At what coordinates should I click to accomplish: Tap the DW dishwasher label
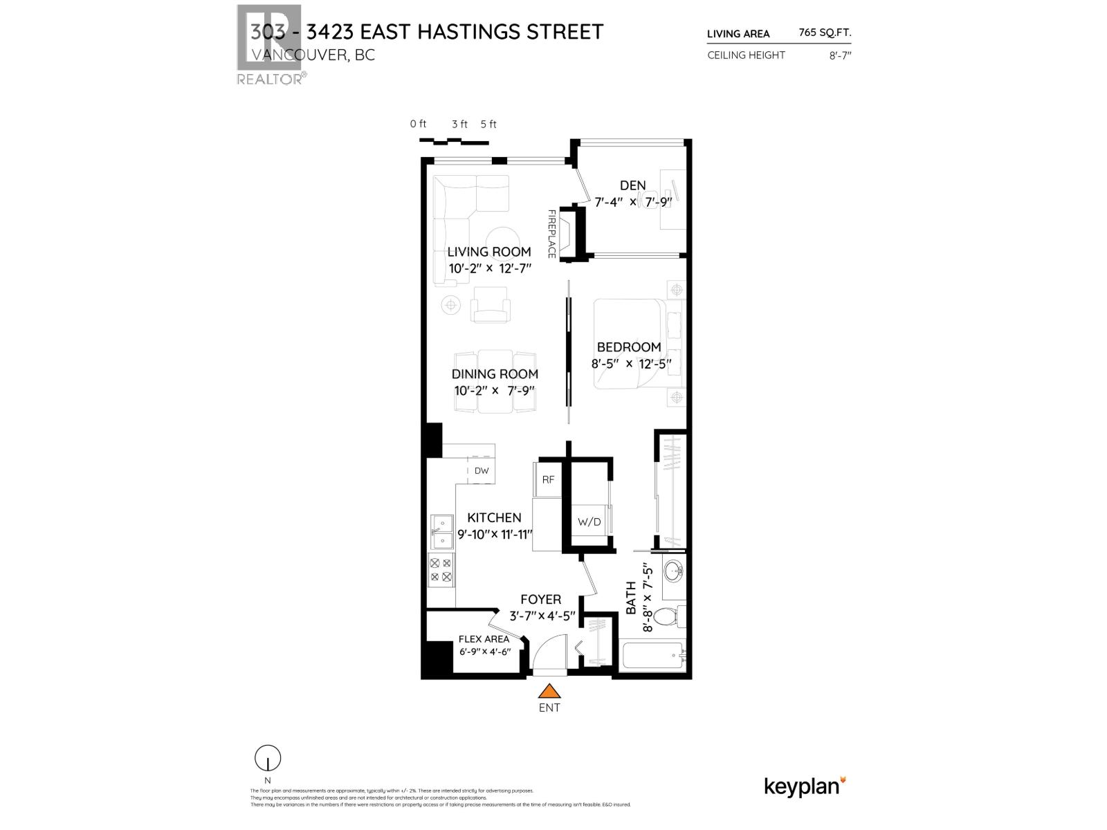pyautogui.click(x=482, y=471)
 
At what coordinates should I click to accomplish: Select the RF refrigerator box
pyautogui.click(x=548, y=479)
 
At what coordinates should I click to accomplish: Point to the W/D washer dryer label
pyautogui.click(x=589, y=522)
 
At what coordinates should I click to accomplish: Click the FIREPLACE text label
pyautogui.click(x=551, y=234)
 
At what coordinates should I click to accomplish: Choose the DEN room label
pyautogui.click(x=632, y=185)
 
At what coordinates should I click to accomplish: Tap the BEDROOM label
pyautogui.click(x=629, y=347)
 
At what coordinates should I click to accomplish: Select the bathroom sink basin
pyautogui.click(x=673, y=572)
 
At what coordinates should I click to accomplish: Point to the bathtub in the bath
pyautogui.click(x=650, y=656)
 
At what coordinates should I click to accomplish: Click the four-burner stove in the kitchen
pyautogui.click(x=441, y=570)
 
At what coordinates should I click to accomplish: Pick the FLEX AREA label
pyautogui.click(x=484, y=639)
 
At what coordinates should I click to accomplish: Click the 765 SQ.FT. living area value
pyautogui.click(x=825, y=33)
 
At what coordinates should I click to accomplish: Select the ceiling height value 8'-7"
pyautogui.click(x=840, y=55)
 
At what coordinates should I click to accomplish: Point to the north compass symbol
pyautogui.click(x=267, y=759)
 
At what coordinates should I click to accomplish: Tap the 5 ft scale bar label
pyautogui.click(x=488, y=124)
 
